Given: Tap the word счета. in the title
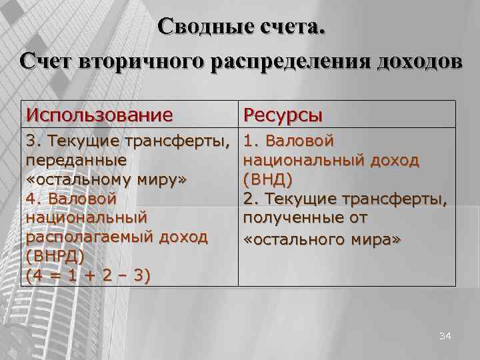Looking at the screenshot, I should pyautogui.click(x=291, y=27).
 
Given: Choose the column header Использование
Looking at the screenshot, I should pyautogui.click(x=99, y=115).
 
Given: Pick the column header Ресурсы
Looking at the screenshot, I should pyautogui.click(x=283, y=115).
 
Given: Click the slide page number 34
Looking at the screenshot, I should pyautogui.click(x=445, y=337).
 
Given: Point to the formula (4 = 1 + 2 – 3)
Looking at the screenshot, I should pyautogui.click(x=87, y=276).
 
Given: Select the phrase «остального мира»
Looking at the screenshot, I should pyautogui.click(x=323, y=237).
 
